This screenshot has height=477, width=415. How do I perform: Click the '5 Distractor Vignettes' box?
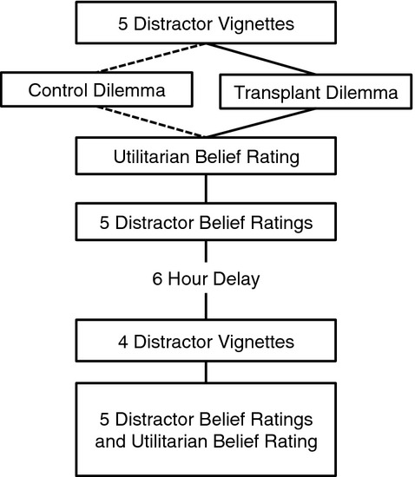coord(206,23)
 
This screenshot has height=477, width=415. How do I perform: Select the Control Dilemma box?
coord(96,89)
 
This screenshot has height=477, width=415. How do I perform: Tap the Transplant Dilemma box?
coord(316,92)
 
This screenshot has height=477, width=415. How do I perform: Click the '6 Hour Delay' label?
coord(206,279)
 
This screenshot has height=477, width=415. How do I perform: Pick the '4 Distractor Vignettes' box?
coord(206,341)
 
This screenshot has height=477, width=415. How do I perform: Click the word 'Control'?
coord(59,90)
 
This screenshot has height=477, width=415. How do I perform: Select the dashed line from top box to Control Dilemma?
coord(152,58)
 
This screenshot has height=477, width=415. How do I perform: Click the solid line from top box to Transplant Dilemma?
coord(260,59)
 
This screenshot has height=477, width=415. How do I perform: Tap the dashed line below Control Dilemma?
coord(151,121)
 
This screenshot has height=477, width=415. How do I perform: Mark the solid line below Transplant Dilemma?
coord(260,123)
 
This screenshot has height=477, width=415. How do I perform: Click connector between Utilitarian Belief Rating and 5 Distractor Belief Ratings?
coord(206,188)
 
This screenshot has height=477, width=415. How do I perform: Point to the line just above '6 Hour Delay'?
coord(206,252)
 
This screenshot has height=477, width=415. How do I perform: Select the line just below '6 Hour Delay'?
coord(206,306)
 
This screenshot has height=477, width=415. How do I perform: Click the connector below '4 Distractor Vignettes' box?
coord(206,372)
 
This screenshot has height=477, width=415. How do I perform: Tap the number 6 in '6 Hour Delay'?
coord(157,278)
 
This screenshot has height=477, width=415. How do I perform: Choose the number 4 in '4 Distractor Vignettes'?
coord(123,342)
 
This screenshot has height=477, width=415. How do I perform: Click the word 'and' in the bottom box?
coord(110,441)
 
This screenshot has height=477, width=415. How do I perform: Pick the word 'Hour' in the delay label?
coord(188,278)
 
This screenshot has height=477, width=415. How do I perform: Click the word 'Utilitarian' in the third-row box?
coord(151,157)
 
